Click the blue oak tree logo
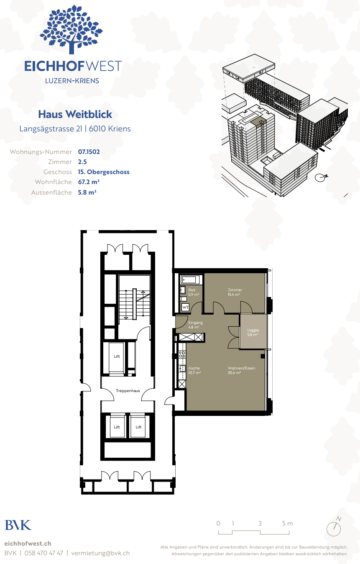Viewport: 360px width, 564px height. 71,29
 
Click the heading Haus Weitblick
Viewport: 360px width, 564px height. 75,114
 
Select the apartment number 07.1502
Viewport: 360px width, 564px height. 89,152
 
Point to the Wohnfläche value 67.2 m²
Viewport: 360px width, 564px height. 89,182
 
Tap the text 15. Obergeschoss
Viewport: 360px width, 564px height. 104,172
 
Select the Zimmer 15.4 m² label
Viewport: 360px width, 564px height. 235,292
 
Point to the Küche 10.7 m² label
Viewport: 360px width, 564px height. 194,370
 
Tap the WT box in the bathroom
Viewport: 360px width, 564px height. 185,307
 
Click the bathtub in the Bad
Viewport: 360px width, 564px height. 190,280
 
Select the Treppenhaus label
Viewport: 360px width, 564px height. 128,391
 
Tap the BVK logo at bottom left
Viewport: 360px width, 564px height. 18,525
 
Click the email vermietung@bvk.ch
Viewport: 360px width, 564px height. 100,553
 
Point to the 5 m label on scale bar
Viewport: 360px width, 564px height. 287,523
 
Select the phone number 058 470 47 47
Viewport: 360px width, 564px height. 44,553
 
